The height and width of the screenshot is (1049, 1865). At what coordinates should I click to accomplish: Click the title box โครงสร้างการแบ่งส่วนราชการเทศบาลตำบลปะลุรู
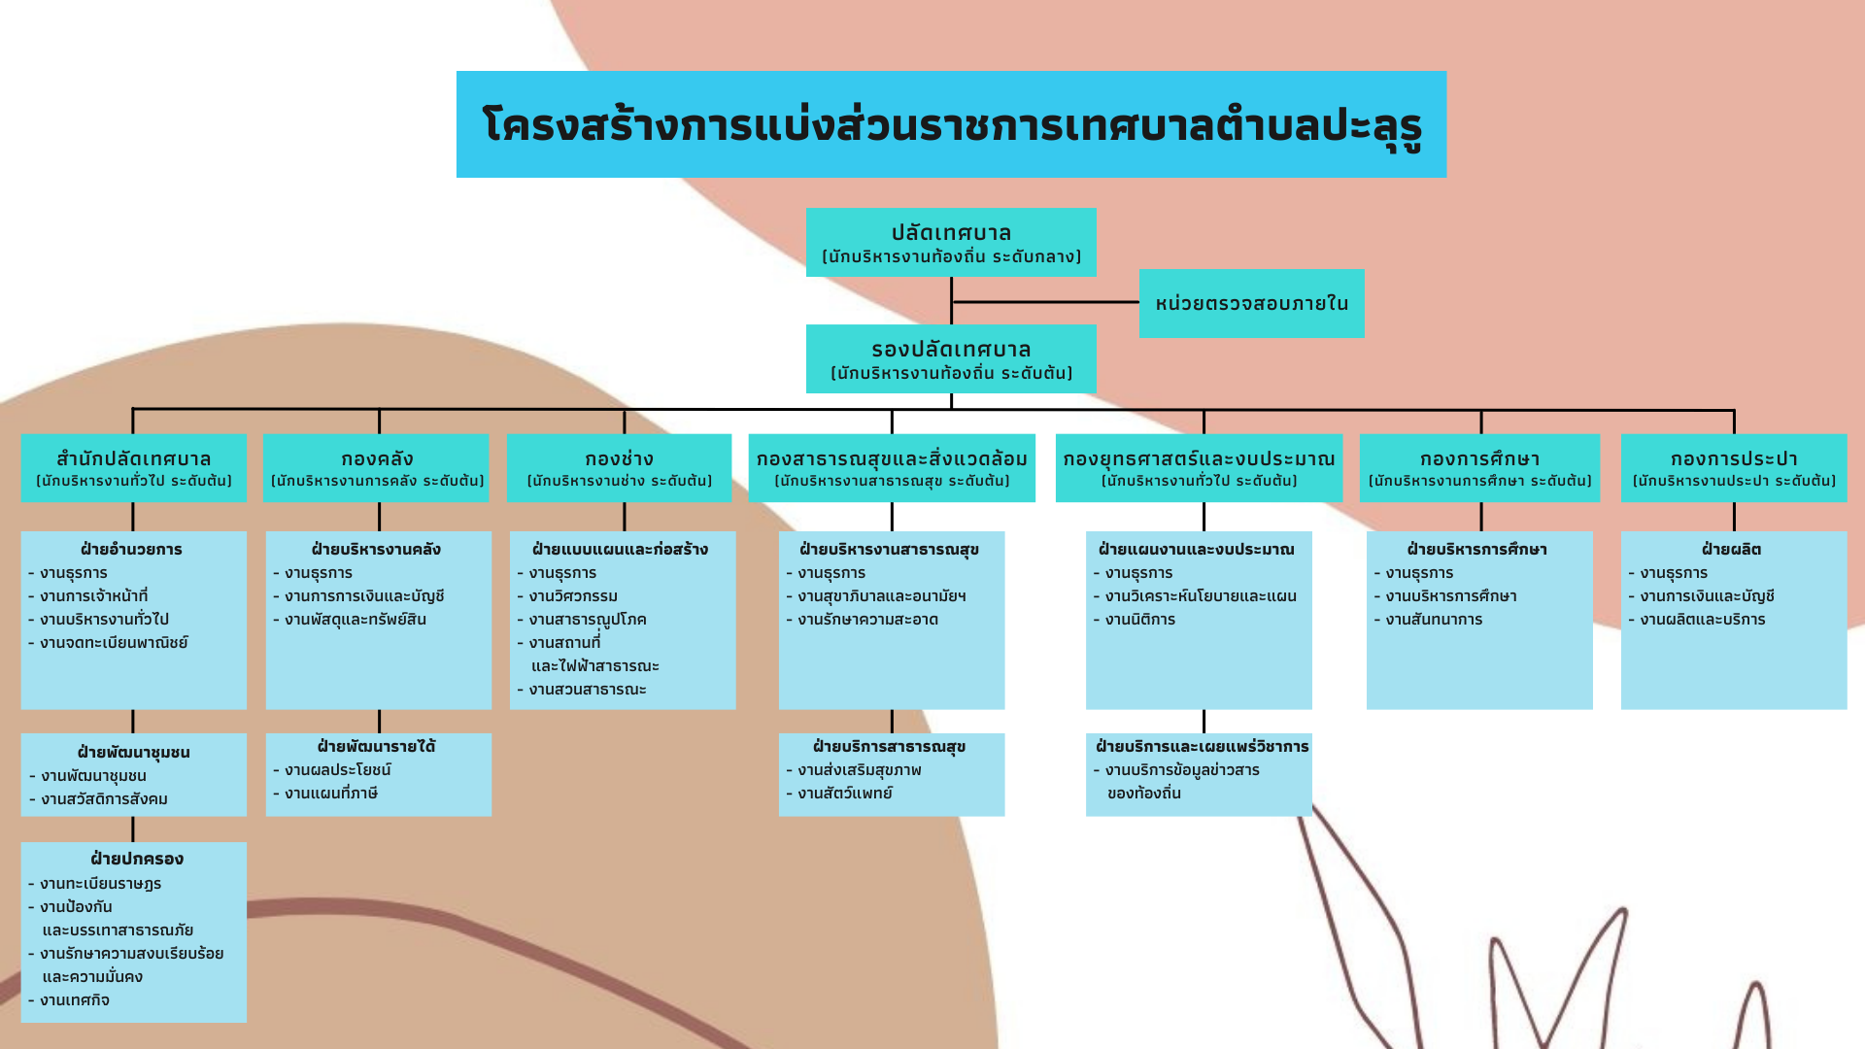click(x=951, y=124)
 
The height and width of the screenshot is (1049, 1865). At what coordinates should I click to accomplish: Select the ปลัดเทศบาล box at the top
click(x=951, y=242)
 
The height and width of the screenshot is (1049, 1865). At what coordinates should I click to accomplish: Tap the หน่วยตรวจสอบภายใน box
click(x=1251, y=303)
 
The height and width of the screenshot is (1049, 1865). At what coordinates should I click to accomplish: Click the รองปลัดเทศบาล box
click(x=951, y=358)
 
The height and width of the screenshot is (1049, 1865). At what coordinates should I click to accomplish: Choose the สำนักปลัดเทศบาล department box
click(x=133, y=467)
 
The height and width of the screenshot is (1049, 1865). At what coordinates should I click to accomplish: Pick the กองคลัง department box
click(x=376, y=467)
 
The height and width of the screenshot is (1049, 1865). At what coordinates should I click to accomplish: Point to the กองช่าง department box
click(x=619, y=467)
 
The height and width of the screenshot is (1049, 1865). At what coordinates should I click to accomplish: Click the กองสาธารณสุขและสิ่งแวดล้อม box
click(x=892, y=467)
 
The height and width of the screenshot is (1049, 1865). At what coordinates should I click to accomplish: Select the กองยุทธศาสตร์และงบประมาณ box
click(x=1199, y=467)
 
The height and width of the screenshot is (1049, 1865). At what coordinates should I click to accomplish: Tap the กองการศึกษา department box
click(x=1479, y=467)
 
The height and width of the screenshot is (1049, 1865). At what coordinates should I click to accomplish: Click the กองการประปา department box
click(x=1734, y=467)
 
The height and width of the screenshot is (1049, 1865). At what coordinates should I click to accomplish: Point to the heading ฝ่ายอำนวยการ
click(x=131, y=550)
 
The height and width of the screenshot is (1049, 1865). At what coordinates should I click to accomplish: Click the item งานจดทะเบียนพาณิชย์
click(x=114, y=643)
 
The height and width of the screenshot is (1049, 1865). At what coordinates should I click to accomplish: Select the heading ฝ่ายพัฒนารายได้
click(x=376, y=747)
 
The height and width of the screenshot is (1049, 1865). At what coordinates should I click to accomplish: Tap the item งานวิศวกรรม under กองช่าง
click(x=573, y=596)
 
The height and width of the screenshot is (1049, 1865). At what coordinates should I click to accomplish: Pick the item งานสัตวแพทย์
click(x=844, y=794)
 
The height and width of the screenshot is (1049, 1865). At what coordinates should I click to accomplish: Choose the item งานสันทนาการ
click(x=1434, y=620)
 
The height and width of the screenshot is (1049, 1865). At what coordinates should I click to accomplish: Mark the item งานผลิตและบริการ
click(x=1702, y=620)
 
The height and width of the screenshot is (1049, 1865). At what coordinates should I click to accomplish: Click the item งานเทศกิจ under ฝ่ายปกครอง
click(x=74, y=1000)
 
